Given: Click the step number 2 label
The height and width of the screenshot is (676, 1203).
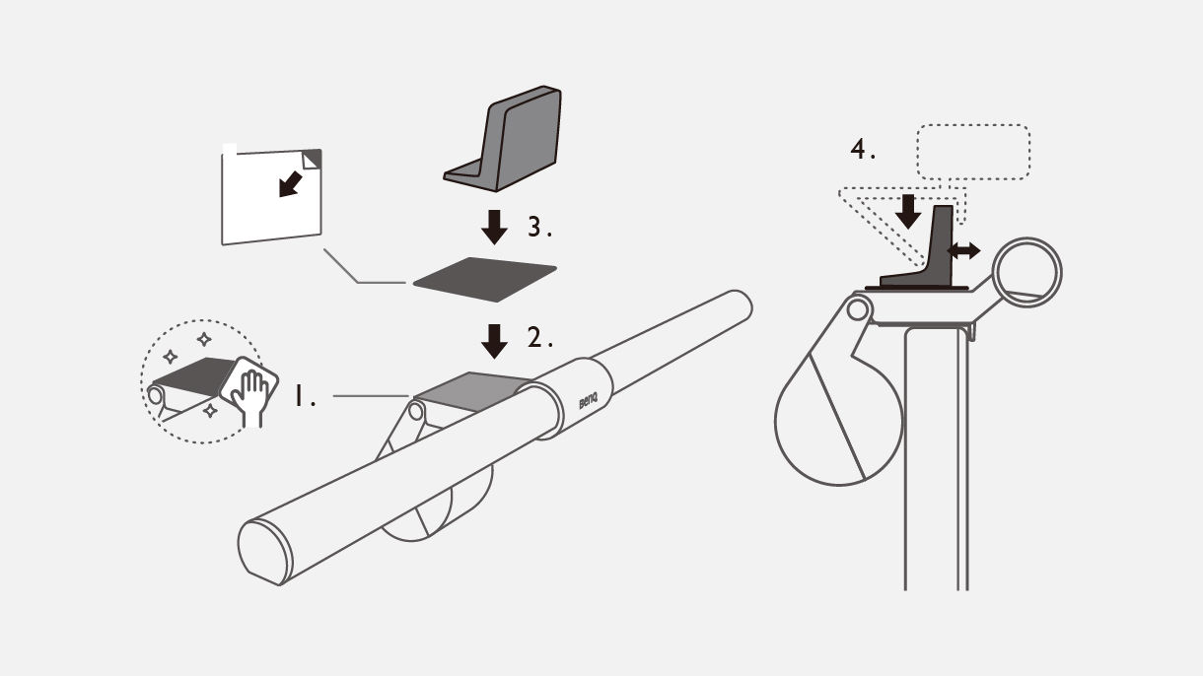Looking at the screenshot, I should pos(539,338).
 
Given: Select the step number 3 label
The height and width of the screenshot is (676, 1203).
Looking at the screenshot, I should pos(539,229).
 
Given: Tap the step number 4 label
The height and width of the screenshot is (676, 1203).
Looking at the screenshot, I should pos(863,151).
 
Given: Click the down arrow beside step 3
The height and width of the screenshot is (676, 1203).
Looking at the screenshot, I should pos(494,227).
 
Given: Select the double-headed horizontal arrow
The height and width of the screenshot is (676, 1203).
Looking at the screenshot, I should pos(963,251).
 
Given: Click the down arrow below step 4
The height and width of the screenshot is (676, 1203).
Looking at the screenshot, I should pos(909,210).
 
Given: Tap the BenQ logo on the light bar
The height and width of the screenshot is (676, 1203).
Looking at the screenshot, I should pos(588,404).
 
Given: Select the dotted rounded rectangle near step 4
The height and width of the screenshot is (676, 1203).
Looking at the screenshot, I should pos(973,152).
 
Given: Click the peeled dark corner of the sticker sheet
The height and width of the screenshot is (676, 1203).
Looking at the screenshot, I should pos(313,158).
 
